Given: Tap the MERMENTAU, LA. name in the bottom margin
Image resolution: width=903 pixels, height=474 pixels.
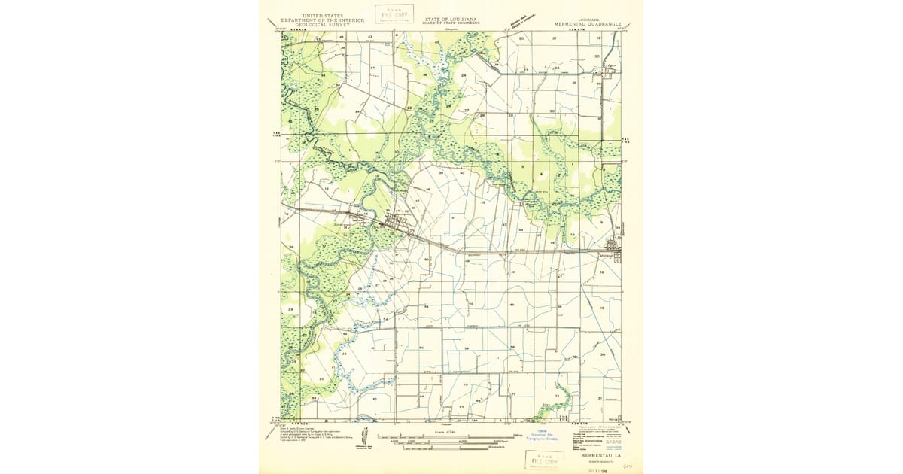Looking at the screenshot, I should coord(600,455).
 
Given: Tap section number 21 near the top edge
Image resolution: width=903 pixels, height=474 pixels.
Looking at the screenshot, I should coord(555,37).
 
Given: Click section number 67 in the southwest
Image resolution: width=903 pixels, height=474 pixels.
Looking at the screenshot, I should coord(374,398).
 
